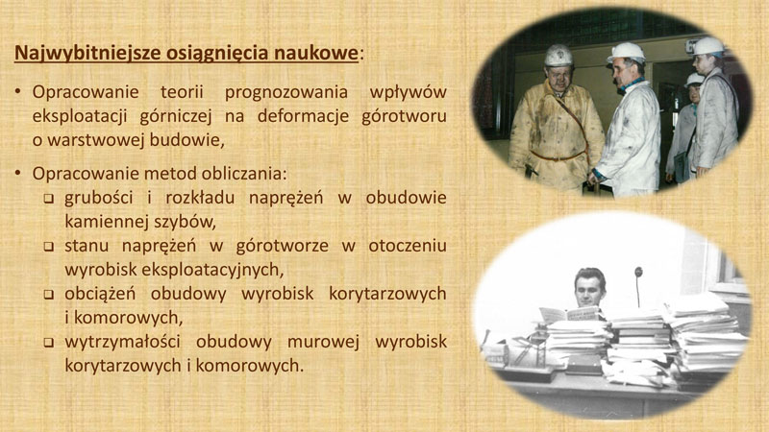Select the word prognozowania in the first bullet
click(x=286, y=92)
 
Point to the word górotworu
click(x=404, y=116)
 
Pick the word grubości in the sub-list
click(x=99, y=199)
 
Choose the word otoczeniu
click(x=408, y=246)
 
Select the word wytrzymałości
click(x=123, y=343)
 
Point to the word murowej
click(x=323, y=343)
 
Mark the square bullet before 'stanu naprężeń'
click(x=49, y=247)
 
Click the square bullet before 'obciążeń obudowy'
click(x=49, y=295)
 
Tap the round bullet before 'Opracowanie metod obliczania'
click(x=18, y=173)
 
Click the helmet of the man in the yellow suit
click(x=558, y=56)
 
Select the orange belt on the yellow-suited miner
click(x=558, y=156)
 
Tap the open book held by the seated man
click(x=571, y=314)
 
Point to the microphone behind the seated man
click(x=638, y=286)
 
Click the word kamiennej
click(x=106, y=223)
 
